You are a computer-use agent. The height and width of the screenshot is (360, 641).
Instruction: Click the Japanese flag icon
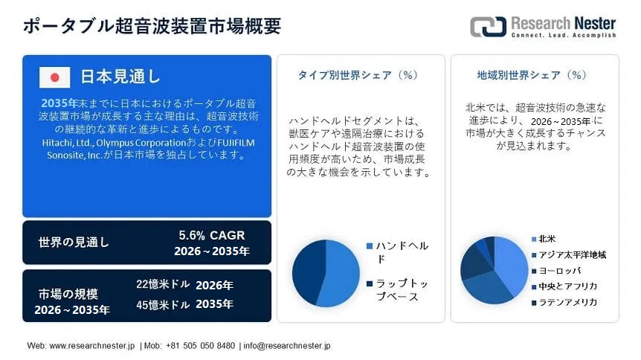[x=54, y=77]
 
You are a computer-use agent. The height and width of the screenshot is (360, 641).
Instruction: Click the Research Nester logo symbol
[x=488, y=27]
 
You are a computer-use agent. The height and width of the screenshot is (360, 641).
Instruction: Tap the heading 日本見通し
[x=120, y=77]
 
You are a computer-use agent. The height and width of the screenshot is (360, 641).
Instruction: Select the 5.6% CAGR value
[x=212, y=235]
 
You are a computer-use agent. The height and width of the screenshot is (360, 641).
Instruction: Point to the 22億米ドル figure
[x=163, y=284]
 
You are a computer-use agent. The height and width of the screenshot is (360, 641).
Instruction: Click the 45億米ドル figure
[x=163, y=304]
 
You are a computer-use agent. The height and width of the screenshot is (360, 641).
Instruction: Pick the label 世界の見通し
[x=74, y=242]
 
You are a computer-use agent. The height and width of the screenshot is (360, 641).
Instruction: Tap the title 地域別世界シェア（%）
[x=532, y=75]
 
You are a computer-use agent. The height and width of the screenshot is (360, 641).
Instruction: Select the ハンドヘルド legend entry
[x=398, y=252]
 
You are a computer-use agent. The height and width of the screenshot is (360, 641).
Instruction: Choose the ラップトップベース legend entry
[x=398, y=289]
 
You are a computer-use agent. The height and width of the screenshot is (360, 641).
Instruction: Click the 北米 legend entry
[x=544, y=239]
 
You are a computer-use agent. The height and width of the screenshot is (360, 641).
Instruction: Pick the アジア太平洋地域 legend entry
[x=569, y=255]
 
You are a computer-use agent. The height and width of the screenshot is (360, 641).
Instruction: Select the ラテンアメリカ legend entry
[x=564, y=302]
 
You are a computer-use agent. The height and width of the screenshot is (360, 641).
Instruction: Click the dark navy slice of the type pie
[x=307, y=270]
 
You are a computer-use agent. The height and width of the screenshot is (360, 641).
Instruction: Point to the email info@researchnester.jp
[x=287, y=346]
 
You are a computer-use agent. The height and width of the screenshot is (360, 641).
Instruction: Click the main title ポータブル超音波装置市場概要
[x=152, y=25]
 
